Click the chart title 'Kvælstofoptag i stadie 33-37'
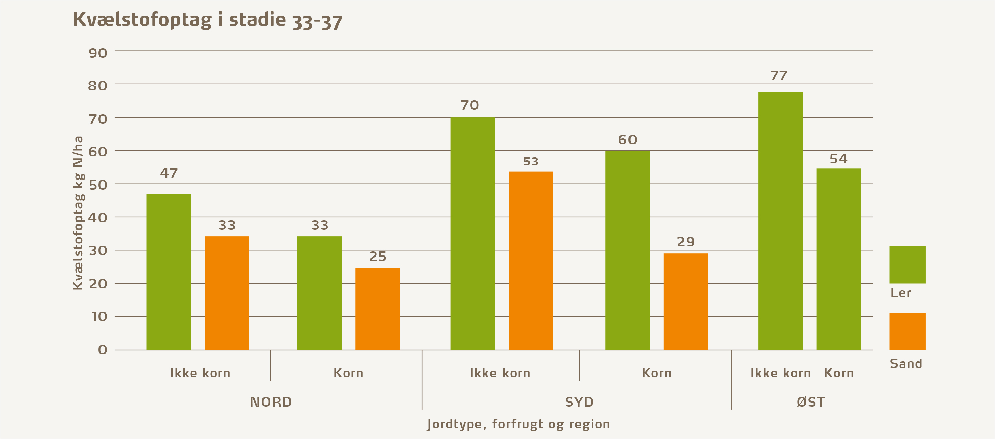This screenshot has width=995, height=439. point(208,20)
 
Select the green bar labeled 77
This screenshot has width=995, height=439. point(781,221)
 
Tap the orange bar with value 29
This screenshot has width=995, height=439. point(685,302)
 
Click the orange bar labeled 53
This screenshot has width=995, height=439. point(531,261)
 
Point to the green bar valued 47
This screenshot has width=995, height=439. point(169,272)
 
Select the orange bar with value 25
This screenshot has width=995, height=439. point(377,308)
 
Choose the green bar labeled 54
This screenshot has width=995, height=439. point(839,259)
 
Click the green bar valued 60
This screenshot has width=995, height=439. point(627,250)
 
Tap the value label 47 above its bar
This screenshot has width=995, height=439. point(169,173)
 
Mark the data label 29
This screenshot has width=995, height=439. point(685,242)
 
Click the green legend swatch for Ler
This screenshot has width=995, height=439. point(907,265)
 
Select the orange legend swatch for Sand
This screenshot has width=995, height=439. point(907,331)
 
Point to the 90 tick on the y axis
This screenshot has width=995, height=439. point(98,53)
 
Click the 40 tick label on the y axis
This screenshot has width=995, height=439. point(98,218)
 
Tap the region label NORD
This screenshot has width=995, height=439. point(271,402)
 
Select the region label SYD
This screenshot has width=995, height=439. point(579,402)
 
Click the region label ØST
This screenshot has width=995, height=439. point(811,402)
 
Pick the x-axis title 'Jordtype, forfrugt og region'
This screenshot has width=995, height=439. point(518,424)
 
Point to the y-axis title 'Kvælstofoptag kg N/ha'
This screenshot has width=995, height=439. point(78,213)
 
